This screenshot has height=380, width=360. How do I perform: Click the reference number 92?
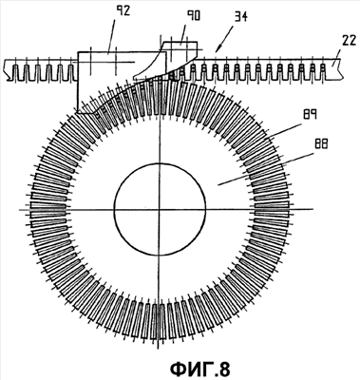tap(122, 11)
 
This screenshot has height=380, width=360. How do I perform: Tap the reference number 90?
tap(193, 15)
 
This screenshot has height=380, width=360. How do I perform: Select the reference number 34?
tap(240, 16)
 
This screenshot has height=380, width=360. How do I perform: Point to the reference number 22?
tap(349, 41)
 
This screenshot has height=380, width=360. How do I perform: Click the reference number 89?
tap(310, 114)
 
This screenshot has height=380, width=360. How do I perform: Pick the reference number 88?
tap(320, 144)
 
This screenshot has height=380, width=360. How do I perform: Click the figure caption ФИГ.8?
tap(200, 369)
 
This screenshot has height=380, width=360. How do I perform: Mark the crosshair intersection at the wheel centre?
tap(160, 209)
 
